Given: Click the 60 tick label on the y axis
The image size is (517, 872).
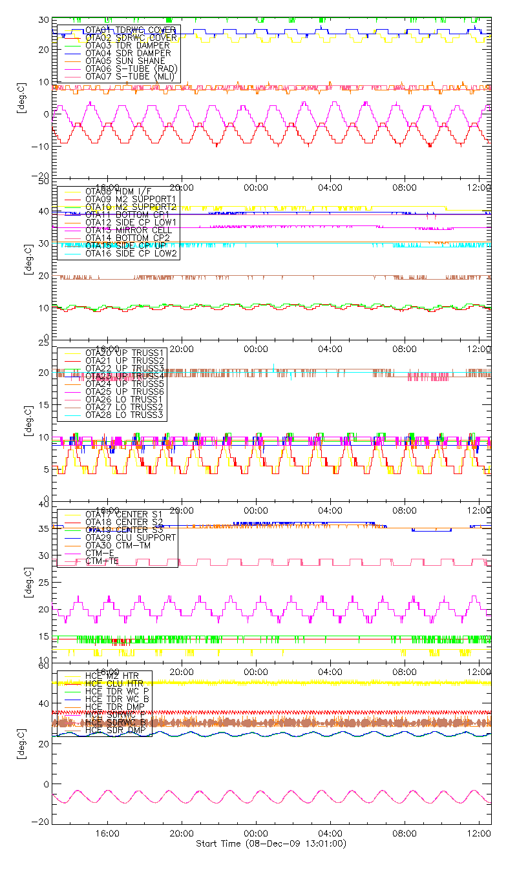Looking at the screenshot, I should coord(45,665).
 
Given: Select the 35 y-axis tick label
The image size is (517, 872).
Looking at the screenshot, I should coord(45,528).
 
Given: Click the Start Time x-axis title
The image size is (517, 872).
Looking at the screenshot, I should coord(271,844).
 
